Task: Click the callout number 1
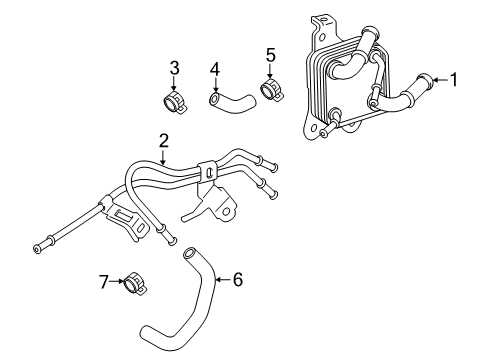pos(453,80)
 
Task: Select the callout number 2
pos(163,141)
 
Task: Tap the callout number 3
pos(174,68)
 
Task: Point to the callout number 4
pos(215,70)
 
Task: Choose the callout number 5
pos(271,55)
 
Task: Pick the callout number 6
pos(237,279)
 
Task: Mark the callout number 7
pos(104,282)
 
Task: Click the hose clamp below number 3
pos(176,102)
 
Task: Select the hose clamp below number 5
pos(271,89)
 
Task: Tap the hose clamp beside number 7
pos(135,284)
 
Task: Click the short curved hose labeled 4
pos(233,102)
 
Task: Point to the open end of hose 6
pos(189,253)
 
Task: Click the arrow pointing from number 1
pos(441,80)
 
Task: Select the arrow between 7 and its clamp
pos(116,282)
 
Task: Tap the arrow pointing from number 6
pos(223,279)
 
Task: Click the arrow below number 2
pos(163,157)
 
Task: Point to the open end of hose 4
pos(214,99)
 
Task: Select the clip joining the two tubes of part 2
pos(208,172)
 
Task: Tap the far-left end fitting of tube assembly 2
pos(37,249)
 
